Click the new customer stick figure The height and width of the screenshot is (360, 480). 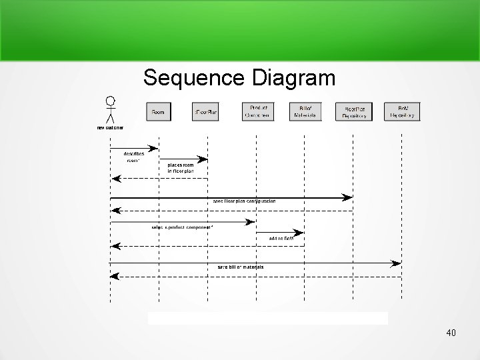point(110,110)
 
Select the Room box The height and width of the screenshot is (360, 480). point(159,111)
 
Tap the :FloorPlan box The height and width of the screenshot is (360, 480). point(205,111)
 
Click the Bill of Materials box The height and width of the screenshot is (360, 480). point(305,111)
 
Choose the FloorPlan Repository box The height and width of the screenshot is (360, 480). point(354,111)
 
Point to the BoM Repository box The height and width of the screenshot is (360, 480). point(403,111)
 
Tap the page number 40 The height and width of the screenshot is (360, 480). point(451,332)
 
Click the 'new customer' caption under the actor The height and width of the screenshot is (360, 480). point(110,127)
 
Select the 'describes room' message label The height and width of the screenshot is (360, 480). point(134,156)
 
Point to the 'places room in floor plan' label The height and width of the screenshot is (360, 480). point(181,167)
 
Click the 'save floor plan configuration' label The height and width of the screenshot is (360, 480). point(244,201)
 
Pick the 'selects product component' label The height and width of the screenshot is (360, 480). point(182,227)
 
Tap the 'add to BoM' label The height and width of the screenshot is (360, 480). point(281,237)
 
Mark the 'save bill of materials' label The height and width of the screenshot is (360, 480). point(240,267)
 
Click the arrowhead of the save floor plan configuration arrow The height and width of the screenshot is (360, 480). point(348,197)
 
